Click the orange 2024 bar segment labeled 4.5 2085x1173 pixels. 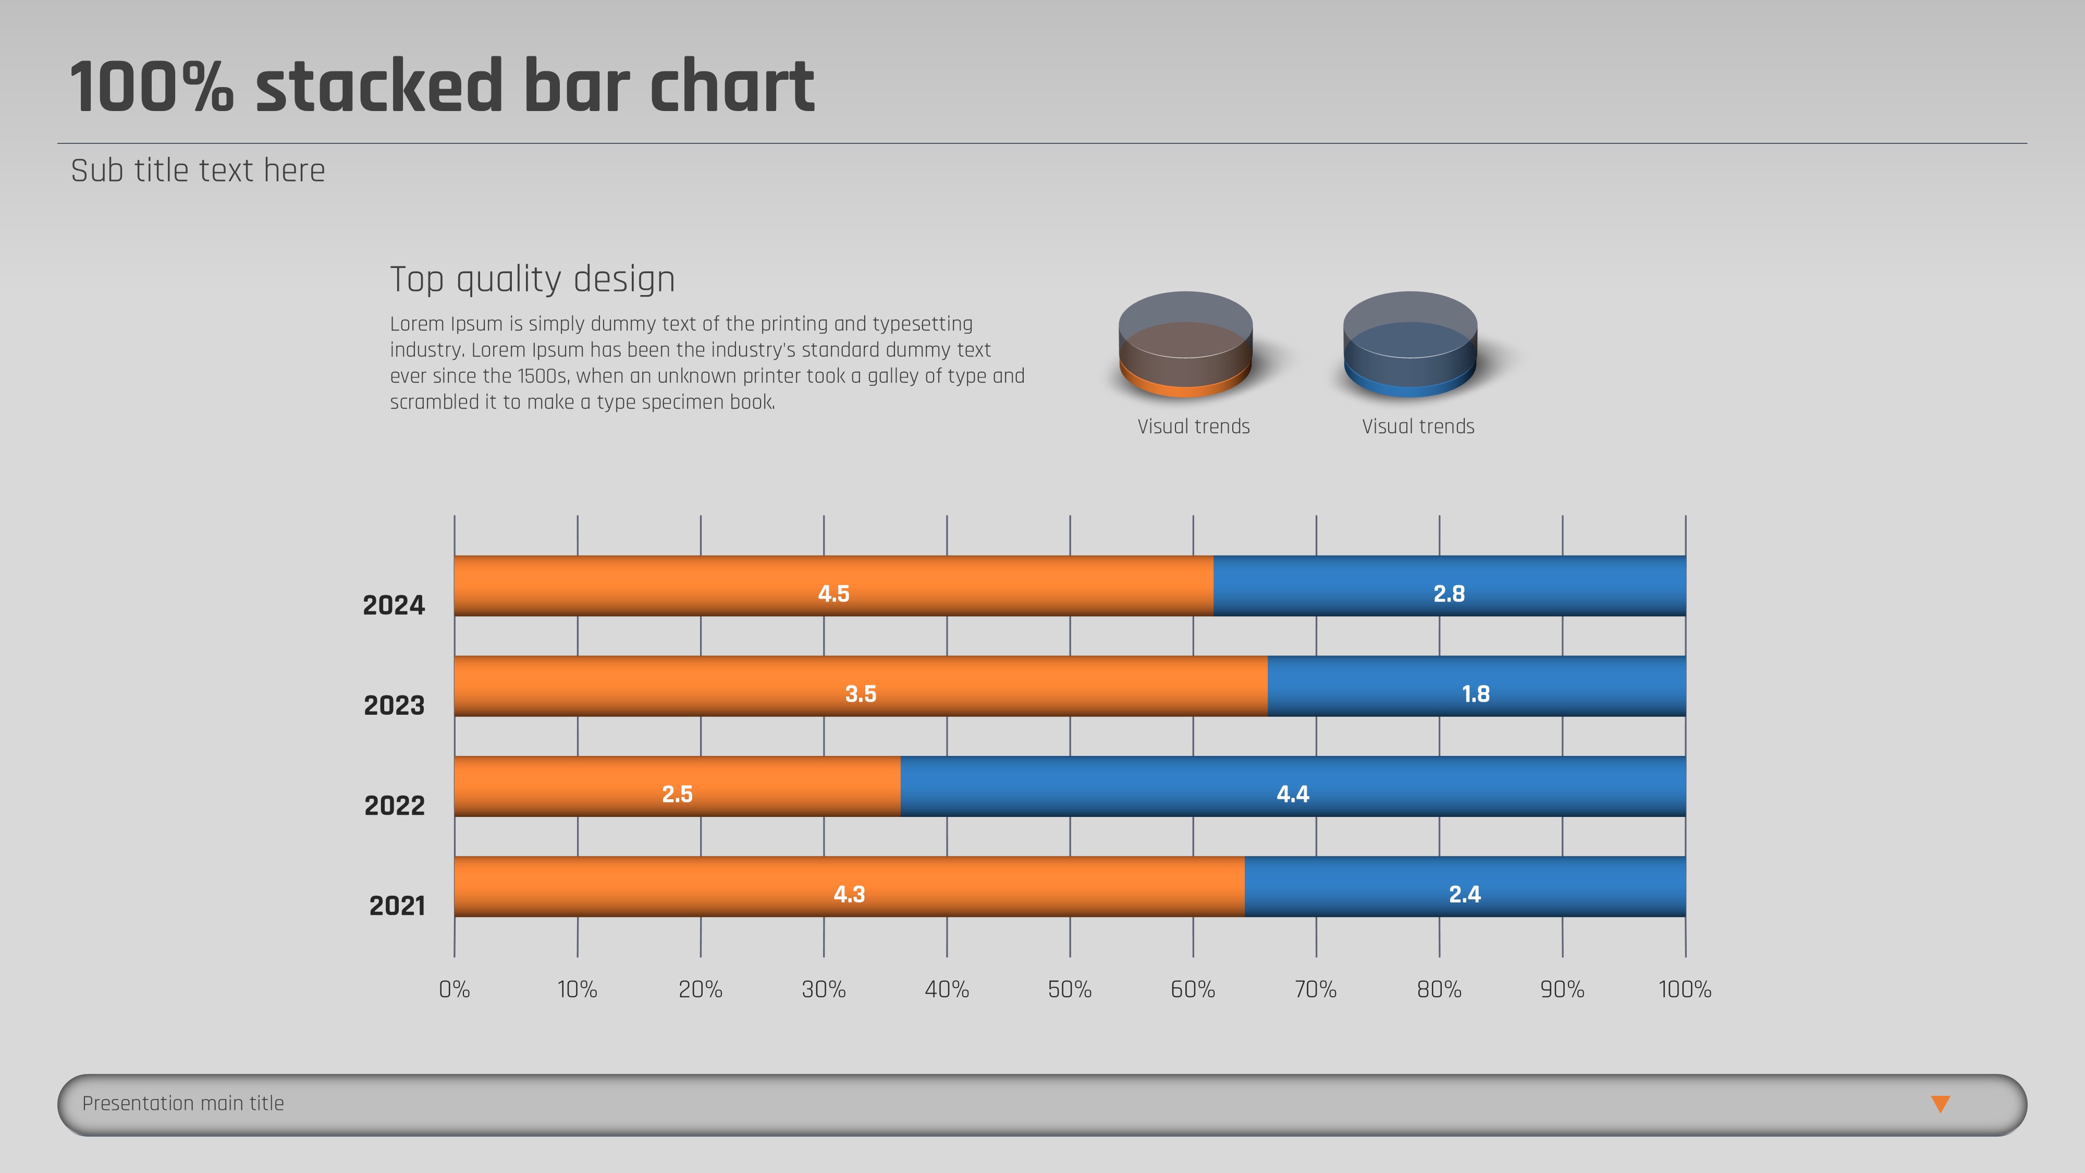[x=833, y=585]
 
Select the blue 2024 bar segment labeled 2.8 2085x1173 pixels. [x=1449, y=585]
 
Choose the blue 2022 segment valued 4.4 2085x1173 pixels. [x=1293, y=786]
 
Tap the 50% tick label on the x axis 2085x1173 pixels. [x=1069, y=989]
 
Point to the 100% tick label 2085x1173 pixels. [x=1684, y=989]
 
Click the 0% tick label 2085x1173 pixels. [x=454, y=989]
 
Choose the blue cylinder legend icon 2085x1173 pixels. [x=1410, y=345]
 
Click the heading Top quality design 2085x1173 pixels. [x=533, y=279]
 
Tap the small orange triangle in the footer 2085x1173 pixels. [x=1940, y=1103]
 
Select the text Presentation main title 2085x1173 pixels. [x=183, y=1103]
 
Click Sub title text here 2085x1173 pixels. [x=198, y=171]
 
